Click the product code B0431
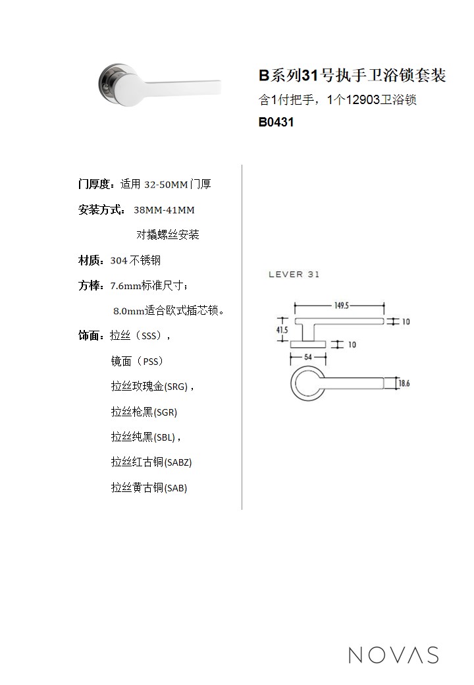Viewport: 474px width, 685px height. pyautogui.click(x=276, y=122)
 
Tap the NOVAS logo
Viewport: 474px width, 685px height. pyautogui.click(x=394, y=655)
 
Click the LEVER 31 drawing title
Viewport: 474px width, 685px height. pyautogui.click(x=294, y=275)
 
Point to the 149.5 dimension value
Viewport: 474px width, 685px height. pyautogui.click(x=342, y=306)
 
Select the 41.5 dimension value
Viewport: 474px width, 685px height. pyautogui.click(x=282, y=330)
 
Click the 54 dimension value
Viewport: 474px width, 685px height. pyautogui.click(x=308, y=357)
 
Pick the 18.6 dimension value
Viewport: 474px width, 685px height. pyautogui.click(x=404, y=383)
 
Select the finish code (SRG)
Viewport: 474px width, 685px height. pyautogui.click(x=176, y=387)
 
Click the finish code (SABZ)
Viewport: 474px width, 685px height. pyautogui.click(x=178, y=462)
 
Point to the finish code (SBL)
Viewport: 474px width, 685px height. pyautogui.click(x=165, y=437)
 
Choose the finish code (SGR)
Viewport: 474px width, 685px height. pyautogui.click(x=165, y=412)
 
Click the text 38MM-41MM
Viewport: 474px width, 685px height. pyautogui.click(x=164, y=210)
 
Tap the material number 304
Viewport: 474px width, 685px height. pyautogui.click(x=118, y=261)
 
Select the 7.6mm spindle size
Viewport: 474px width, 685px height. pyautogui.click(x=126, y=286)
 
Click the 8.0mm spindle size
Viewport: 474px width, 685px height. pyautogui.click(x=129, y=311)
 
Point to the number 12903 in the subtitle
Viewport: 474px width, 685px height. pyautogui.click(x=363, y=99)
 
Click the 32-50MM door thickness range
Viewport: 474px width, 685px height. pyautogui.click(x=166, y=184)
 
